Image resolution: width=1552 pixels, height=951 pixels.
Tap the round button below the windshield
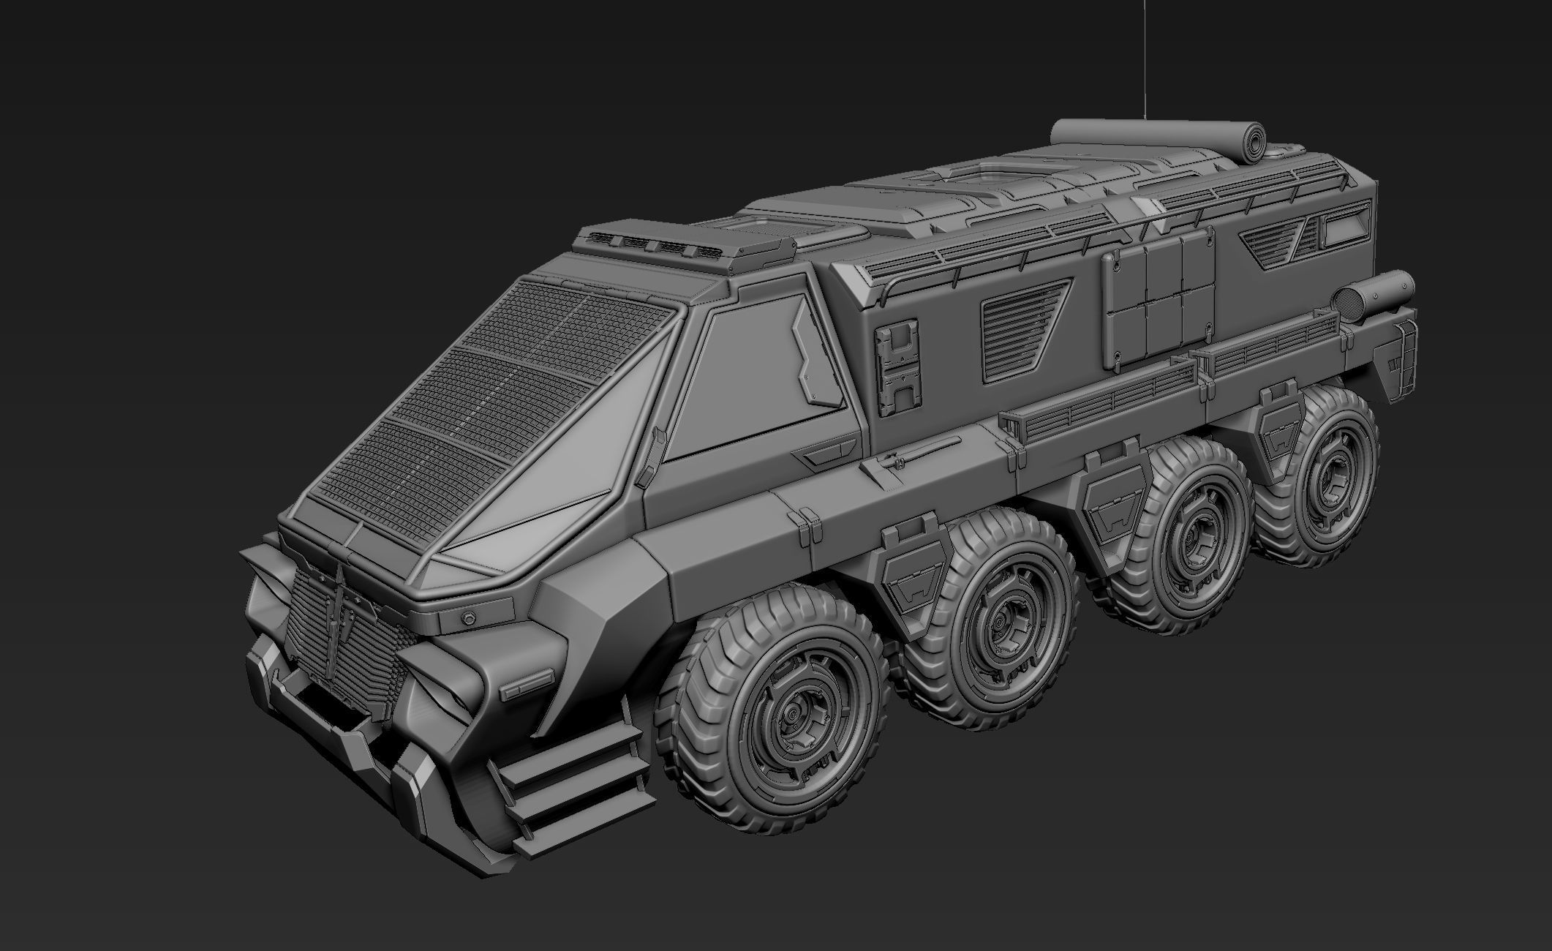click(465, 617)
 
